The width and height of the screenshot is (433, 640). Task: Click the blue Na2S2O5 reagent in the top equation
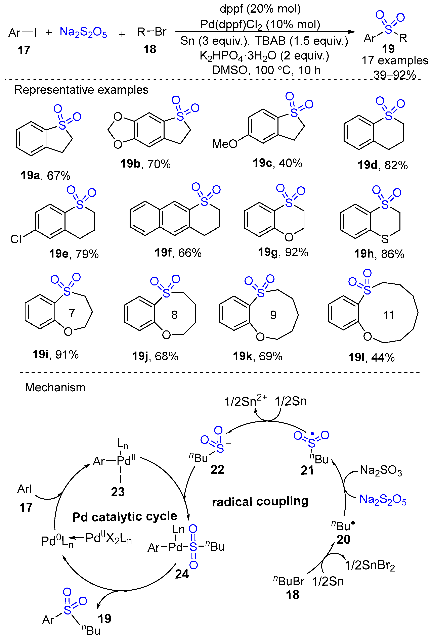pos(83,33)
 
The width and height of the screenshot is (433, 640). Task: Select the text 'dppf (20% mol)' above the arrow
pos(260,9)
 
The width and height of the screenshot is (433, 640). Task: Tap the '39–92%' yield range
pos(394,75)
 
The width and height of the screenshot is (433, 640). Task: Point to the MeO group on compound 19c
pos(224,144)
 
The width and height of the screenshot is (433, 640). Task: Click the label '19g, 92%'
pos(283,252)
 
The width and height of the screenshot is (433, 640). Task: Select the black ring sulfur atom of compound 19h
pos(385,239)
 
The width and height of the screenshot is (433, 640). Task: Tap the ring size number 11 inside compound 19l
pos(389,315)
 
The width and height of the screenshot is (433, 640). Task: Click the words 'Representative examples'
pos(81,90)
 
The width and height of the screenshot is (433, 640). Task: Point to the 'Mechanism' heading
pos(55,387)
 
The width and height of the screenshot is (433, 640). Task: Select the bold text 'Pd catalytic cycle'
pos(125,517)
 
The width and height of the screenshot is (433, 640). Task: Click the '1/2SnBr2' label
pos(370,566)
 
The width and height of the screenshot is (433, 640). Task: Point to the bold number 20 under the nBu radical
pos(343,540)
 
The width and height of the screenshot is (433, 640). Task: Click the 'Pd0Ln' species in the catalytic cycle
pos(57,541)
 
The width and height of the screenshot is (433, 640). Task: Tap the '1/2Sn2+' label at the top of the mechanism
pos(245,401)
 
